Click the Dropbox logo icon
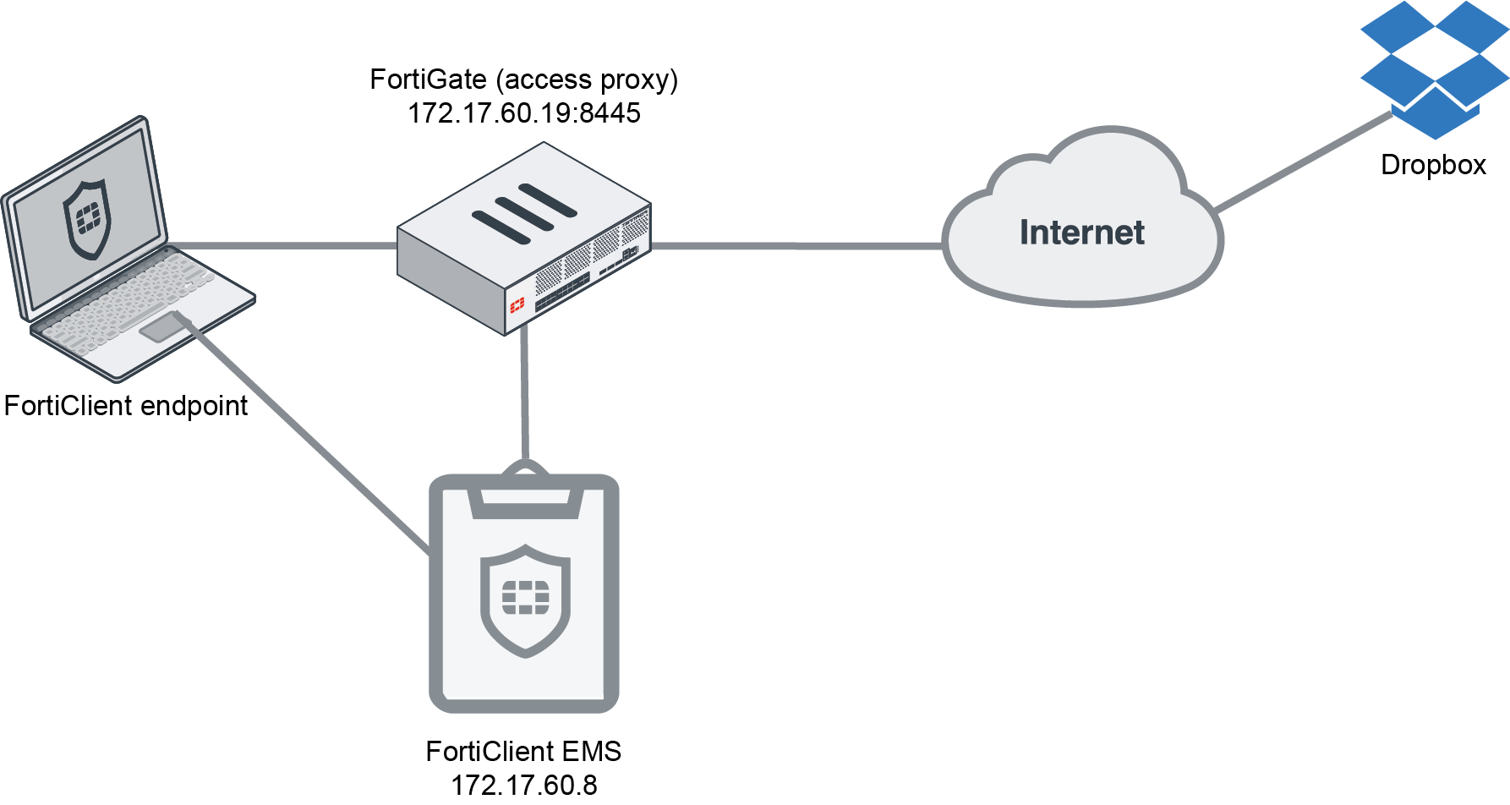click(x=1434, y=68)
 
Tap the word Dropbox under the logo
click(x=1433, y=165)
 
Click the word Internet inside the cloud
click(x=1081, y=233)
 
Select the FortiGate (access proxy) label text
click(x=523, y=79)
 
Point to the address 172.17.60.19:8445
click(x=523, y=113)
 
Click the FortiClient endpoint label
click(x=125, y=406)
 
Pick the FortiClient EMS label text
click(x=523, y=751)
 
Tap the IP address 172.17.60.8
click(x=523, y=785)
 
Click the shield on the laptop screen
click(x=87, y=218)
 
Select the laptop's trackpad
click(x=161, y=327)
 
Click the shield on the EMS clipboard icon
click(x=525, y=599)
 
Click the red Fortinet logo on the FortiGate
click(x=517, y=305)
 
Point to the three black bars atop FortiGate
click(x=524, y=213)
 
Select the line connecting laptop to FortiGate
click(x=287, y=246)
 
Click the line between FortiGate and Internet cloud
click(x=795, y=246)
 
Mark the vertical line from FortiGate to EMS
click(x=525, y=397)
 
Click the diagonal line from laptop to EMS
click(x=313, y=440)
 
